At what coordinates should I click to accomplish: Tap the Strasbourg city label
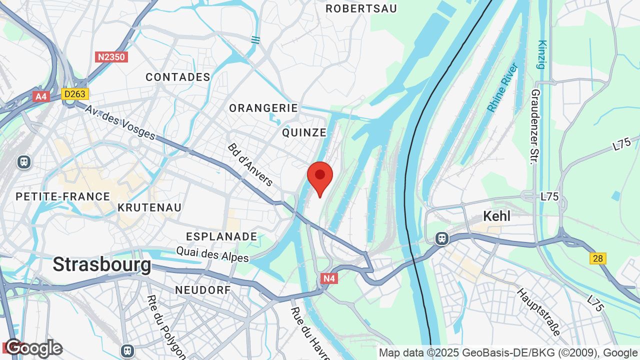click(101, 264)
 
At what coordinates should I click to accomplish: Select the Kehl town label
click(496, 216)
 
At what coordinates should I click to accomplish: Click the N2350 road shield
click(111, 57)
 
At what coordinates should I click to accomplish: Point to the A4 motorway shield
click(41, 96)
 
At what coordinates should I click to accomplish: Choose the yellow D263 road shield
click(75, 94)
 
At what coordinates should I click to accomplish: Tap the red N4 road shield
click(329, 278)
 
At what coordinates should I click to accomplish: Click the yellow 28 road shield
click(597, 258)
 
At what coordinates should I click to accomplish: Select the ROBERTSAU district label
click(361, 8)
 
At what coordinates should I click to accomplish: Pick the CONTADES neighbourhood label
click(178, 77)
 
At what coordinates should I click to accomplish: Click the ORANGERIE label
click(263, 108)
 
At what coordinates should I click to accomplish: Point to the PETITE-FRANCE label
click(63, 196)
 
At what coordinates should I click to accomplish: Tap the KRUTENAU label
click(149, 207)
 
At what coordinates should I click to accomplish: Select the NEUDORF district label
click(203, 290)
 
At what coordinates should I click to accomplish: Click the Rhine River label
click(502, 87)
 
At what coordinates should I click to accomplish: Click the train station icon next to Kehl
click(441, 238)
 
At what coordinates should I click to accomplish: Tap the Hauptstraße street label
click(538, 312)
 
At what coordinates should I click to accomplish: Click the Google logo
click(33, 348)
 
